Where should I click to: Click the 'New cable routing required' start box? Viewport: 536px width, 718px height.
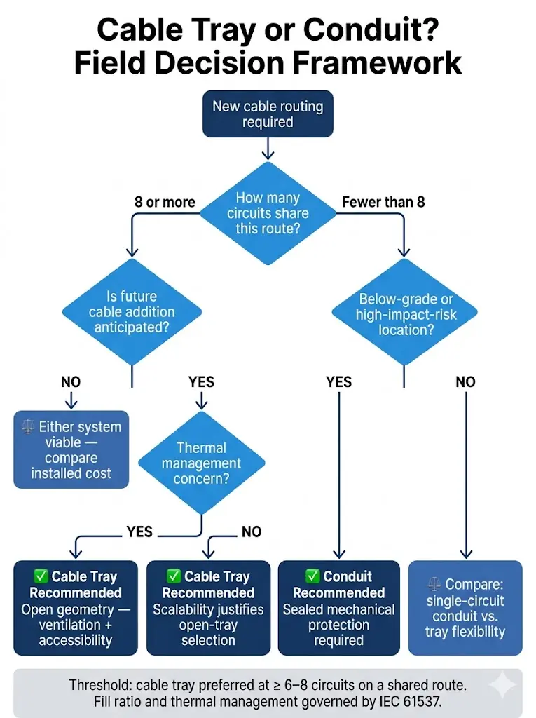pos(268,114)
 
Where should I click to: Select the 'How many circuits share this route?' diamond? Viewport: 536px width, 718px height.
pos(268,213)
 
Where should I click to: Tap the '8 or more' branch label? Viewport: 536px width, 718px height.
pos(165,203)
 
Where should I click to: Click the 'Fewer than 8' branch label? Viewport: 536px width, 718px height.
pos(383,203)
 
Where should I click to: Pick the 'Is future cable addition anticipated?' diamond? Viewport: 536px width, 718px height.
pos(132,311)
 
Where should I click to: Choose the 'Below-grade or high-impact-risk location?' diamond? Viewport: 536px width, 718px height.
pos(404,313)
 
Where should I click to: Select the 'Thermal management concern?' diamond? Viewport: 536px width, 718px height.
pos(201,463)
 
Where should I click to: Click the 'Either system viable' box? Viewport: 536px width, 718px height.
pos(71,449)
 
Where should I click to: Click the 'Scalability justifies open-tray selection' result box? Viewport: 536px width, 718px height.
pos(208,608)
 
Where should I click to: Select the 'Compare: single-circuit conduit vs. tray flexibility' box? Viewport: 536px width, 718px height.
pos(465,608)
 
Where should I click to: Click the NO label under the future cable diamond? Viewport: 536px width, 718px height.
pos(71,382)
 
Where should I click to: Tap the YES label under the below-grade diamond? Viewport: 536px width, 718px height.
pos(339,382)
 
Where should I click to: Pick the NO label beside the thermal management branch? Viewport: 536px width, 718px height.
pos(251,532)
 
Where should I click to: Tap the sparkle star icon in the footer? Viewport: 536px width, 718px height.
pos(502,686)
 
